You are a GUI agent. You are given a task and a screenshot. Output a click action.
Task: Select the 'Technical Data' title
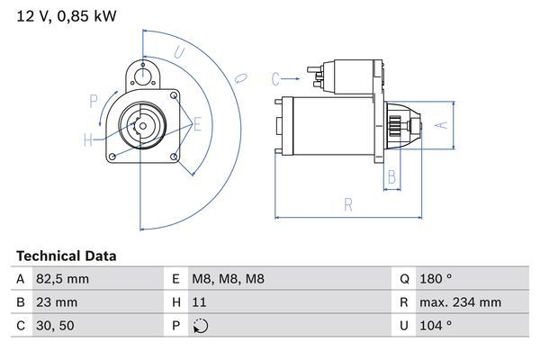pos(67,256)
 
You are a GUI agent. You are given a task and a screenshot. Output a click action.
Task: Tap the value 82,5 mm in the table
pos(63,279)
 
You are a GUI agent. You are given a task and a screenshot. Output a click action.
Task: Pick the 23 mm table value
pos(57,302)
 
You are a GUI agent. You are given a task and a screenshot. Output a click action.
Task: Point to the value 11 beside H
pos(199,302)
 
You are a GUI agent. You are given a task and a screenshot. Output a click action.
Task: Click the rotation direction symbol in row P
pos(200,326)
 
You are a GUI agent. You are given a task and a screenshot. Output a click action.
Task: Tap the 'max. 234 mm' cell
pos(463,302)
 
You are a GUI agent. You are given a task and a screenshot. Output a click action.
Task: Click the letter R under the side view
pos(347,205)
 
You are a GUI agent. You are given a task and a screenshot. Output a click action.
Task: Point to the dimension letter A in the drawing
pos(441,125)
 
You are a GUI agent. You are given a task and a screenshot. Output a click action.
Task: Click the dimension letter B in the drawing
pos(391,176)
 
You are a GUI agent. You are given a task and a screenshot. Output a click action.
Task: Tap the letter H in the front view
pos(88,139)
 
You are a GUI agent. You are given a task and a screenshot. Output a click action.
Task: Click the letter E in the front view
pos(197,124)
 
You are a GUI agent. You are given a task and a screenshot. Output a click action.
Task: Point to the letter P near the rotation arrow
pos(93,101)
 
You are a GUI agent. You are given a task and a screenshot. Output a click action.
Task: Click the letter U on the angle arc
pos(179,53)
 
